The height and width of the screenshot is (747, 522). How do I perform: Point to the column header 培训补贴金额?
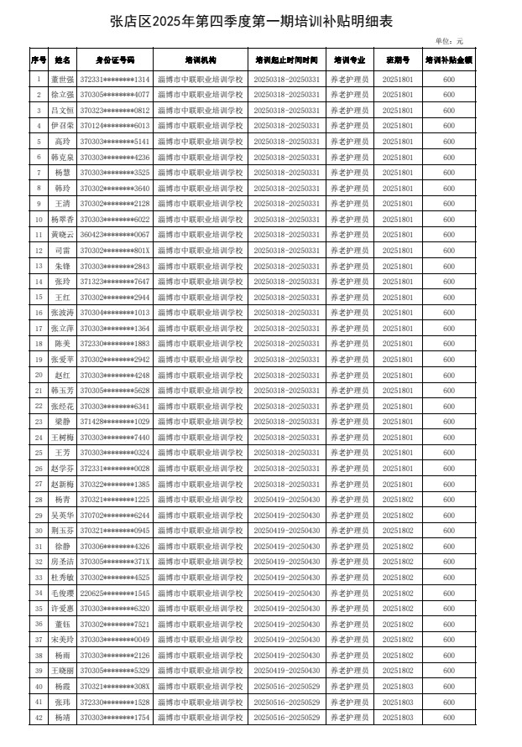tap(449, 60)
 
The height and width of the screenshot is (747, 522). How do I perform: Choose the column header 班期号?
tap(398, 60)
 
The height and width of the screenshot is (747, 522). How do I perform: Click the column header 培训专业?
tap(349, 60)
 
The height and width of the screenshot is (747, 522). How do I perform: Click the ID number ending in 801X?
tap(114, 251)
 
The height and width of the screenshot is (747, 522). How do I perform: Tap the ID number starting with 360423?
tap(114, 235)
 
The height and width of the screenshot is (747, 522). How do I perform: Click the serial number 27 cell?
tap(39, 484)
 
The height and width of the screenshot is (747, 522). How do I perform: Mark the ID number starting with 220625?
tap(114, 593)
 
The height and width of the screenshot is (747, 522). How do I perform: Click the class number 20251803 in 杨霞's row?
tap(398, 687)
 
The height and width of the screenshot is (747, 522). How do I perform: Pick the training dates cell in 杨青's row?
tap(286, 500)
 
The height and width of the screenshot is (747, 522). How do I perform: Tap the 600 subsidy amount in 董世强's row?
tap(449, 79)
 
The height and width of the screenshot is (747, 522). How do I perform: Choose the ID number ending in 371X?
tap(114, 562)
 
